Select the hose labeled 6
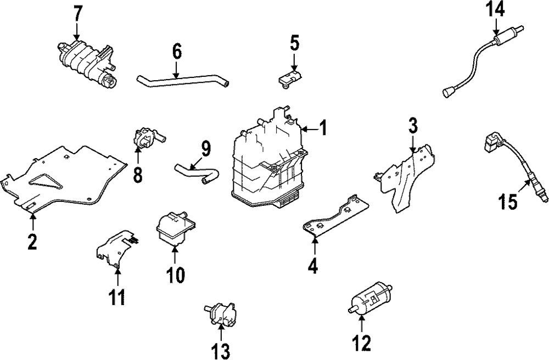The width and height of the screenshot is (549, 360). tap(181, 82)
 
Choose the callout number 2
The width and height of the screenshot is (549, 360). tap(32, 241)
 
